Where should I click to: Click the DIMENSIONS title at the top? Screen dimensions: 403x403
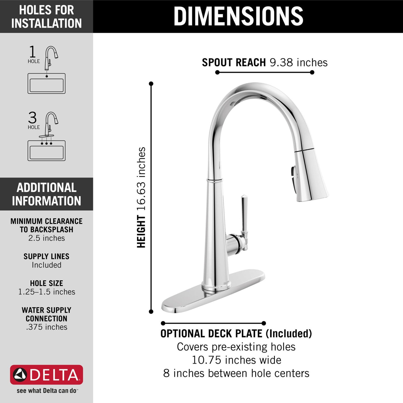pos(238,16)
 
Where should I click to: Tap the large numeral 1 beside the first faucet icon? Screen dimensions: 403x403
pos(32,52)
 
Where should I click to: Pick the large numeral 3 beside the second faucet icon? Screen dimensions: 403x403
pos(32,118)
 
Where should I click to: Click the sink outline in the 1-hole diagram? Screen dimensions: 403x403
pos(46,84)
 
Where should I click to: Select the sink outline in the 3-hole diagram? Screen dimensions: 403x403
pos(46,151)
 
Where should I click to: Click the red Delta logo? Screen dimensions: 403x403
pos(46,375)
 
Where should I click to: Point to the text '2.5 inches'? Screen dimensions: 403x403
pos(46,238)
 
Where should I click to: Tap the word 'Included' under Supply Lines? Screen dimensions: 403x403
pos(46,265)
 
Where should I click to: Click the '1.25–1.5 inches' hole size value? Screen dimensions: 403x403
pos(46,292)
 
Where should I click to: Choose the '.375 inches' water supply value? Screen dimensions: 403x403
pos(46,327)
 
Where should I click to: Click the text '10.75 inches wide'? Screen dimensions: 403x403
pos(236,360)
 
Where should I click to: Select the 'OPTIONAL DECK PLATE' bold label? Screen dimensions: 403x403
pos(211,334)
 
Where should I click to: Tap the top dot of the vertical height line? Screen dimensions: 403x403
pos(151,84)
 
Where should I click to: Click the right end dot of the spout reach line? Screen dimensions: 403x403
pos(312,72)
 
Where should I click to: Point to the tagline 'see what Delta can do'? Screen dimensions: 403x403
pos(47,391)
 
